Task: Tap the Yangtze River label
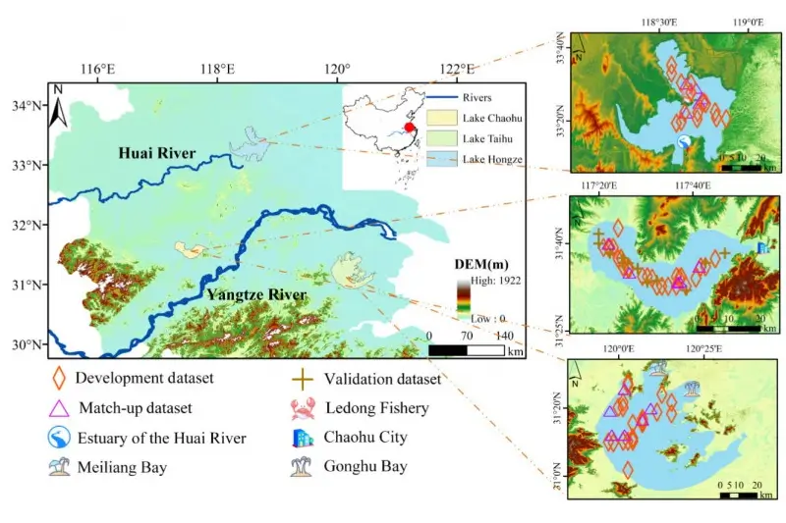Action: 255,293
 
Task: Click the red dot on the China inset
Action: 409,127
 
